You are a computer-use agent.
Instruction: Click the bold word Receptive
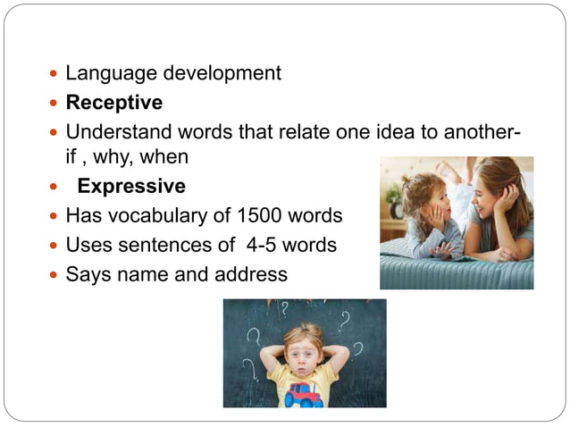click(x=114, y=103)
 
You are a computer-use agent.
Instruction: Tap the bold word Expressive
click(x=131, y=187)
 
